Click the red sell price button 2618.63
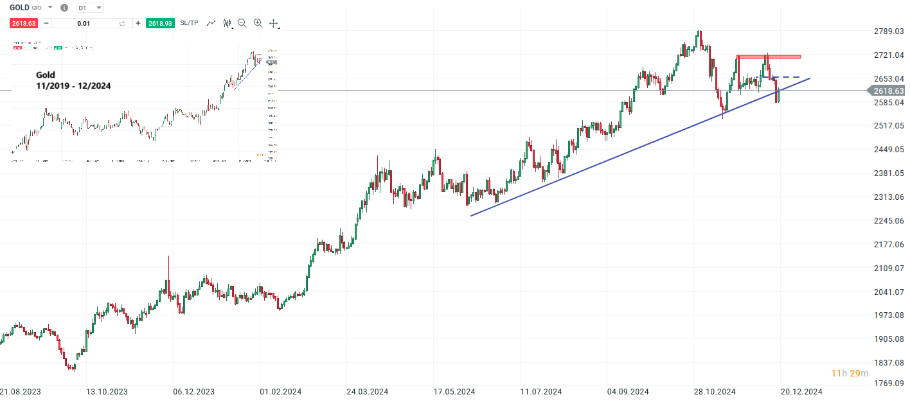point(23,23)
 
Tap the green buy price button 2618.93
point(160,23)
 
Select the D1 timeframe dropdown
point(89,8)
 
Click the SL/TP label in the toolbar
point(190,23)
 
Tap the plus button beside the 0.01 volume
point(138,23)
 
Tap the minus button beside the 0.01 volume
point(46,23)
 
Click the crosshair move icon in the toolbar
point(274,23)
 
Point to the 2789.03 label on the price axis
point(889,31)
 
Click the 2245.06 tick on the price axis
point(889,221)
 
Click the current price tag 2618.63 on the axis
point(889,91)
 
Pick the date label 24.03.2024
point(367,391)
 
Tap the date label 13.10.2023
point(107,391)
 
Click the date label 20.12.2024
point(801,391)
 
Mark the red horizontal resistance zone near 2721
point(768,57)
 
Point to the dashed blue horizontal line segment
point(786,78)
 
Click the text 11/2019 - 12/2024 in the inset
point(73,85)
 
